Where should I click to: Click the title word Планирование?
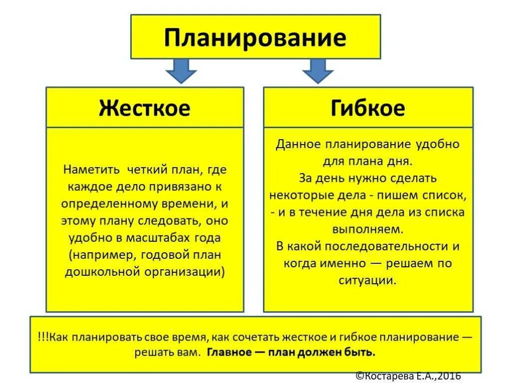(x=255, y=37)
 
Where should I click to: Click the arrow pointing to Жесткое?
(x=181, y=70)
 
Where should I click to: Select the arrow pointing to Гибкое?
(x=317, y=70)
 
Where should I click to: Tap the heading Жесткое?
(x=145, y=108)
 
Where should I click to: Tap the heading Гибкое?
(x=368, y=108)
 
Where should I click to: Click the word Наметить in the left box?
(x=91, y=170)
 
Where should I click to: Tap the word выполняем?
(x=368, y=229)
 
